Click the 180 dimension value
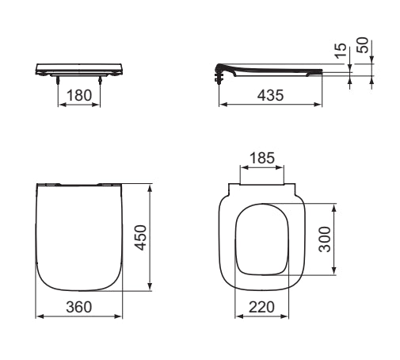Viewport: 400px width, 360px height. tap(79, 95)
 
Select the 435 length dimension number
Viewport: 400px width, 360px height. tap(270, 95)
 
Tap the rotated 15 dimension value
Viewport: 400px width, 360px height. tap(341, 50)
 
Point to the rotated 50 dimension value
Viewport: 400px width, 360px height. tap(363, 45)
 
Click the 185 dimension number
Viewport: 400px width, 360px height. tap(262, 158)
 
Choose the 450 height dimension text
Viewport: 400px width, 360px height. tap(141, 237)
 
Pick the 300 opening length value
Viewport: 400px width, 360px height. tap(325, 239)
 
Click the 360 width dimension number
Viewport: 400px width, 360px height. tap(79, 307)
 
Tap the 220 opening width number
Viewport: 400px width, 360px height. tap(261, 307)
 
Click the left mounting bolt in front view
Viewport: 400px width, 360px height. tap(58, 80)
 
